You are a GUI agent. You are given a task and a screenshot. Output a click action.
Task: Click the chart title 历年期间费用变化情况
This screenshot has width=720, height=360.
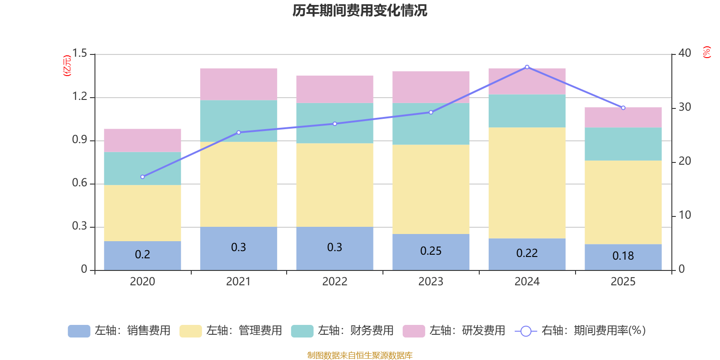pos(360,10)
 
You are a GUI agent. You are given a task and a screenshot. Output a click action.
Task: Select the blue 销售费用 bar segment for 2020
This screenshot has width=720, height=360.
pos(142,256)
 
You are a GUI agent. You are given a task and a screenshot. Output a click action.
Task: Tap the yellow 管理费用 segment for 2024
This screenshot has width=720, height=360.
pos(527,183)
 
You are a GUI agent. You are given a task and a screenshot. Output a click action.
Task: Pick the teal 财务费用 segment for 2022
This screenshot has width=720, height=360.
pos(335,123)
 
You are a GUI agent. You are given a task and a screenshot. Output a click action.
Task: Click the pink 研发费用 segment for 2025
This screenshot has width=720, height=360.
pos(623,117)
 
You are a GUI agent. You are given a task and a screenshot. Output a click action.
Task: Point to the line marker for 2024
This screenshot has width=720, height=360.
pos(527,67)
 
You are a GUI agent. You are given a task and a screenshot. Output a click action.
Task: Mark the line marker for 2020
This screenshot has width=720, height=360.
pos(142,177)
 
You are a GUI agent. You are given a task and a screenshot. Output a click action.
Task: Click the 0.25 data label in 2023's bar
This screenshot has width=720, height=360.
pos(431,251)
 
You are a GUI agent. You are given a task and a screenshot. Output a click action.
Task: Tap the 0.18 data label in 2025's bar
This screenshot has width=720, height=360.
pos(623,256)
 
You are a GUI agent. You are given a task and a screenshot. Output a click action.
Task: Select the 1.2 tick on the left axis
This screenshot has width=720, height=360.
pos(80,96)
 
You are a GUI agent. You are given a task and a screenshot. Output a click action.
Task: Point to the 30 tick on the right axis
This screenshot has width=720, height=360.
pos(684,107)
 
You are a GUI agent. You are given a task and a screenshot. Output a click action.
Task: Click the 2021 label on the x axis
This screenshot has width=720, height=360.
pos(238,282)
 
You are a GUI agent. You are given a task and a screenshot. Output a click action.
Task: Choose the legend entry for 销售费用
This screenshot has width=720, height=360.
pos(119,331)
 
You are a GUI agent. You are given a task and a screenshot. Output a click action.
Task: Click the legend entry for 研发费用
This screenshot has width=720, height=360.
pos(454,331)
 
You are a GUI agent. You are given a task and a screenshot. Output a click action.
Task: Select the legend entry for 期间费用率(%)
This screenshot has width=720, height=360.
pos(580,331)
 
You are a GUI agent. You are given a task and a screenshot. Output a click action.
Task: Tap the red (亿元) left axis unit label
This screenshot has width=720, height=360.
pos(67,66)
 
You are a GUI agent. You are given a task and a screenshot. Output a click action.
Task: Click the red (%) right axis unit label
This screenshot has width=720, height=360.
pos(707,52)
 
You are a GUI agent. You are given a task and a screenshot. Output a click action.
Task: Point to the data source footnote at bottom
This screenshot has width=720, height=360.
pos(360,355)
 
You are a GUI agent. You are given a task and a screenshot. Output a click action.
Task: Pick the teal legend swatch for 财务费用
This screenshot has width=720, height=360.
pos(302,331)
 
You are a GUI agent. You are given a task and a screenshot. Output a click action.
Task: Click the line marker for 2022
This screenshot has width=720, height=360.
pos(335,124)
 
